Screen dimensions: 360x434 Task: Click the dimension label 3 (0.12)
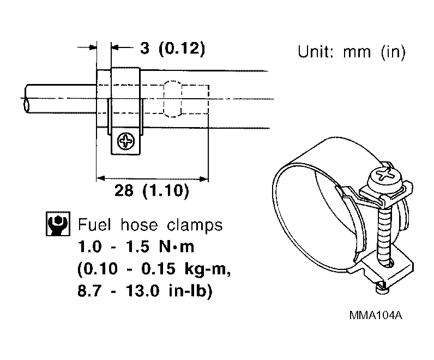pos(172,49)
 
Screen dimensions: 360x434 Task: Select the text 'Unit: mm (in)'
pos(351,53)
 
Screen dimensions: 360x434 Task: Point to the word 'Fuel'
pos(94,225)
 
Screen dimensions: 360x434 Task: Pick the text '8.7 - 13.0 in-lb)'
pos(145,291)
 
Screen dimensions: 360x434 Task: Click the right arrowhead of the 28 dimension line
pos(204,178)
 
